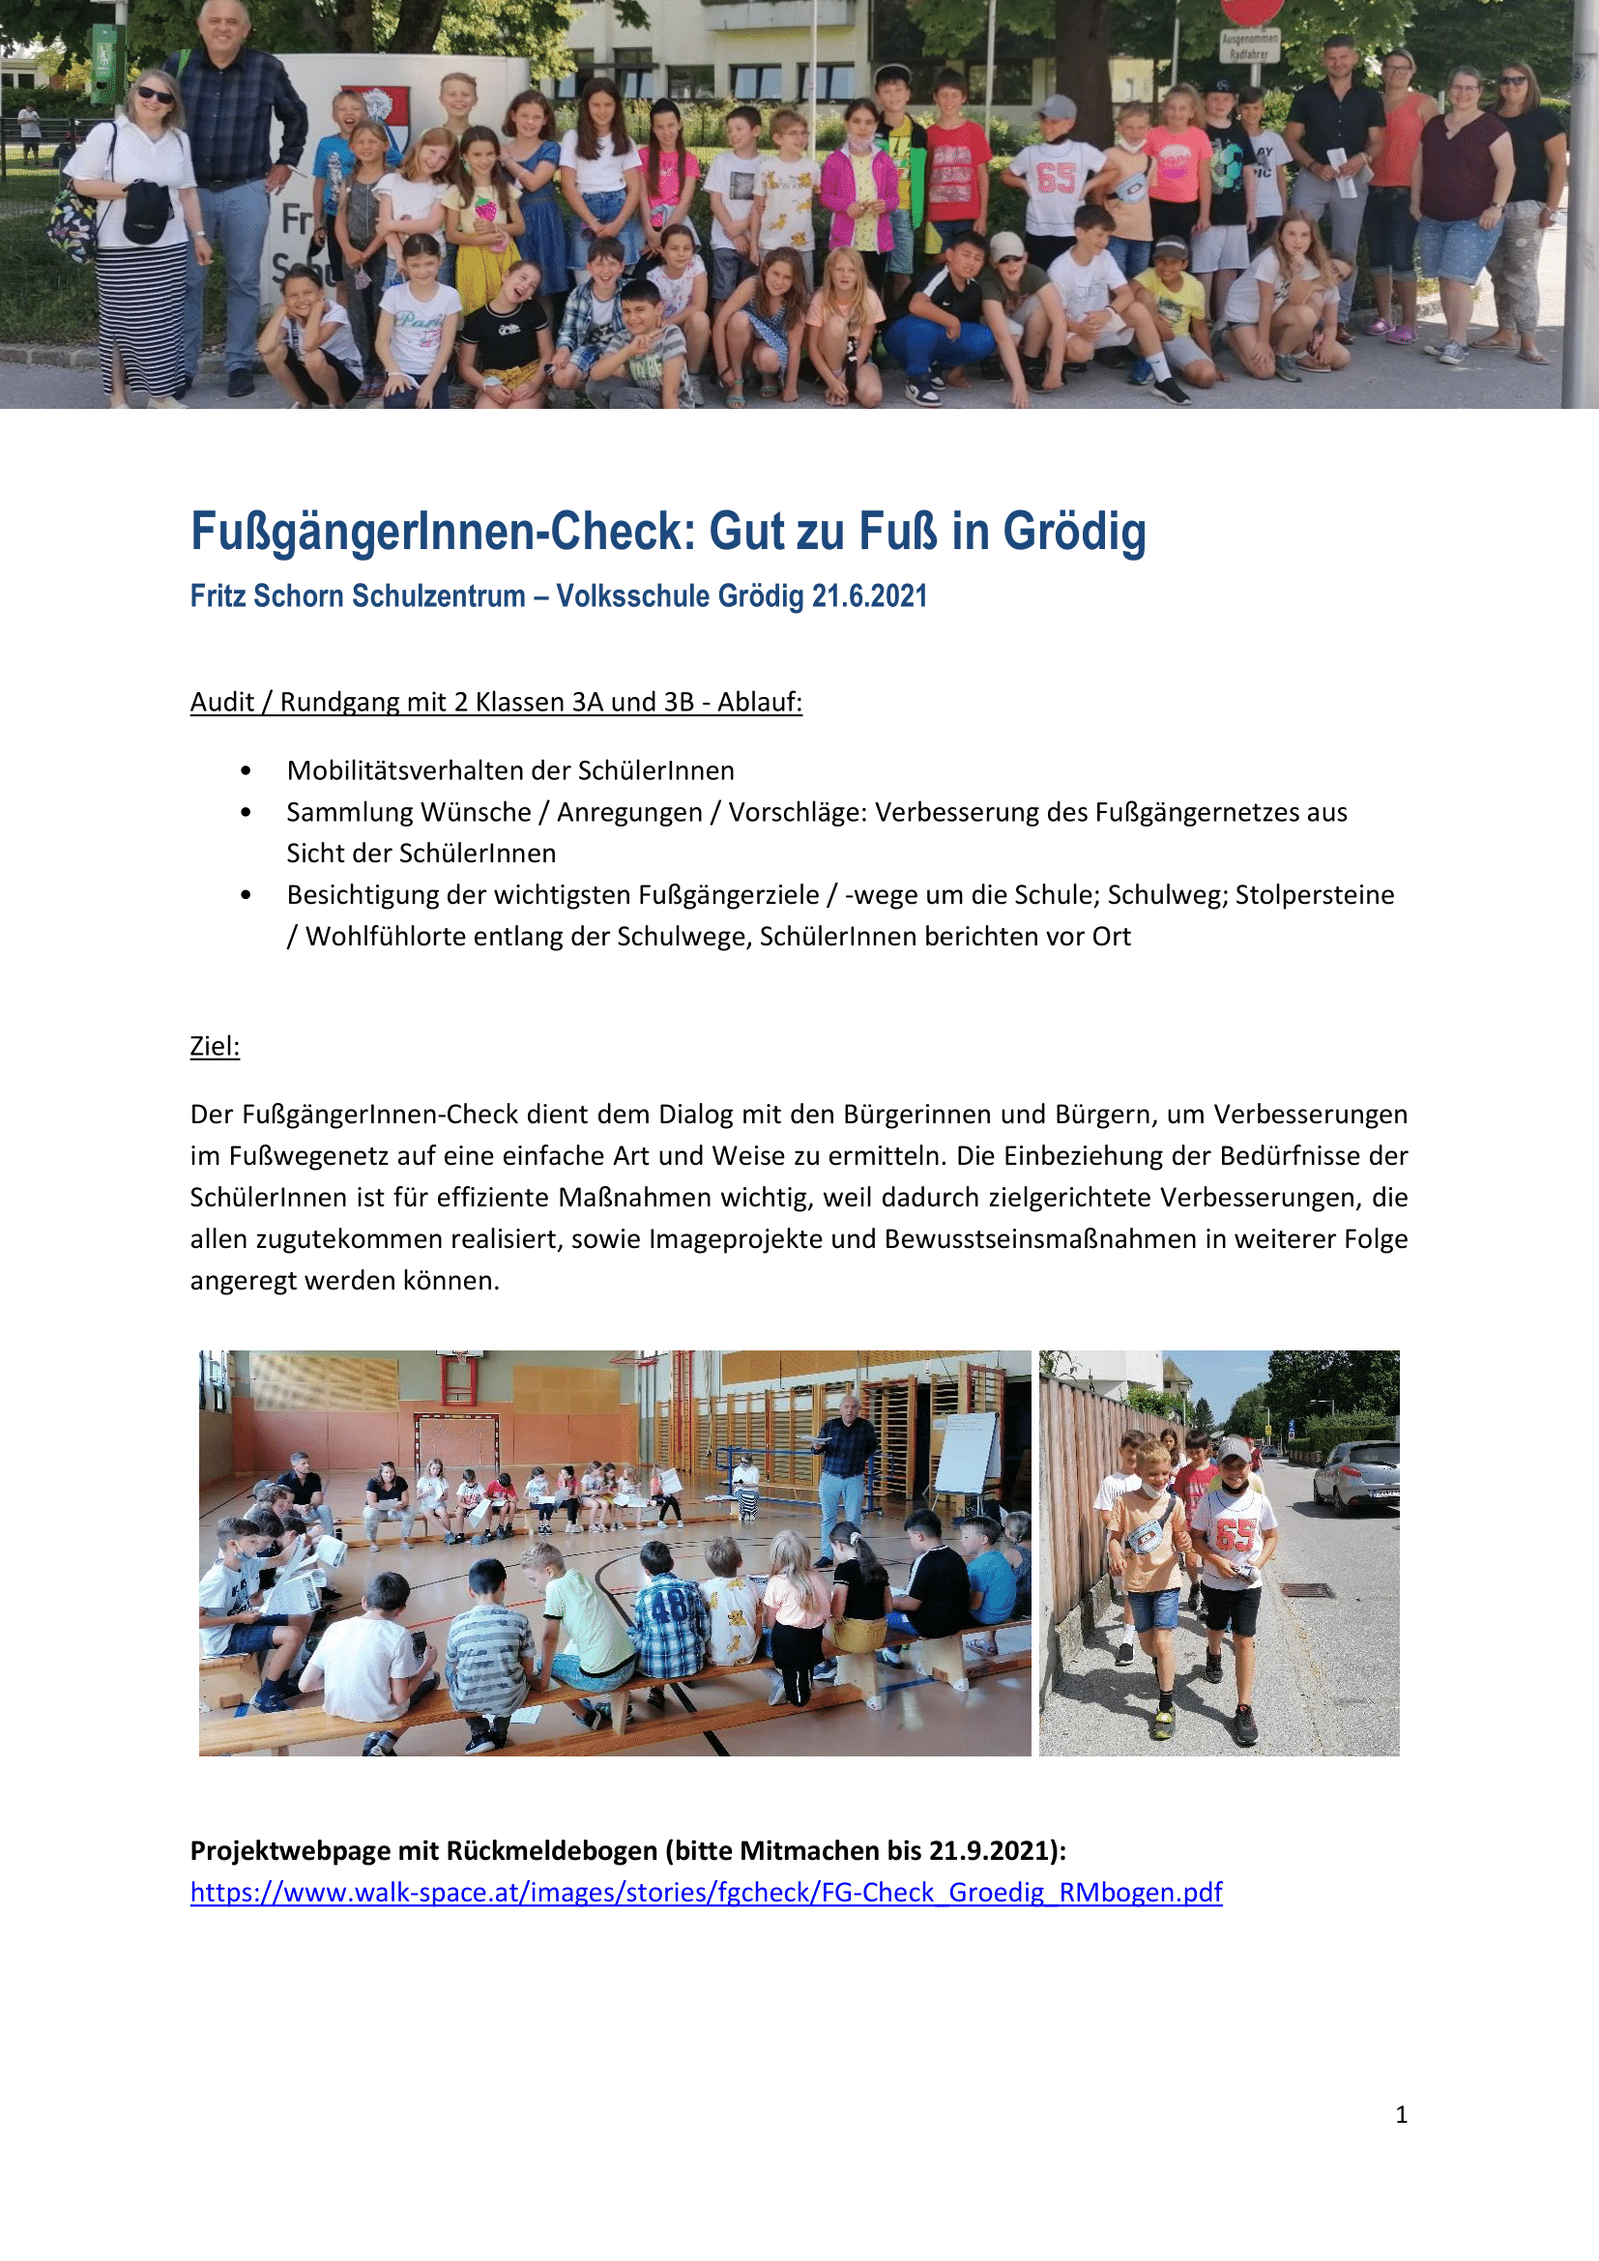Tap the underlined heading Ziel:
pyautogui.click(x=215, y=1046)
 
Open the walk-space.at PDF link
pyautogui.click(x=706, y=1892)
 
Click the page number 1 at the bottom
pyautogui.click(x=1401, y=2114)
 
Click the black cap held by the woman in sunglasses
pyautogui.click(x=147, y=212)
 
